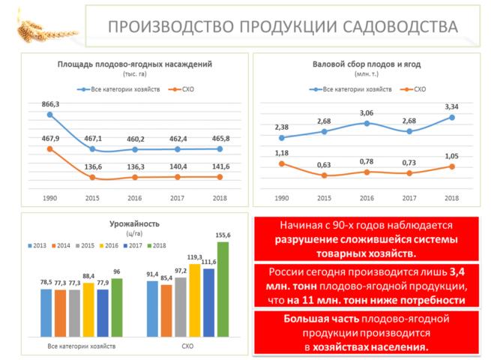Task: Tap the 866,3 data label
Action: click(x=50, y=103)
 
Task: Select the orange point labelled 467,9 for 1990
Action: click(x=49, y=148)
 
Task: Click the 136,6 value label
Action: click(x=93, y=167)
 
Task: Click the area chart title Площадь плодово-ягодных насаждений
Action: click(x=135, y=64)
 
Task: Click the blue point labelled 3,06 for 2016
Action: click(x=367, y=123)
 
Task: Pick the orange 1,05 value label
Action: click(x=451, y=157)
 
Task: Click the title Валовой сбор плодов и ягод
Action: click(x=366, y=64)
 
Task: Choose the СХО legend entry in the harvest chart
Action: click(x=416, y=89)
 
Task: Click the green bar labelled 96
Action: click(x=117, y=310)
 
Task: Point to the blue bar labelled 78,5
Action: click(x=47, y=315)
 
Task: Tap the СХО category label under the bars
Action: click(x=187, y=346)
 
